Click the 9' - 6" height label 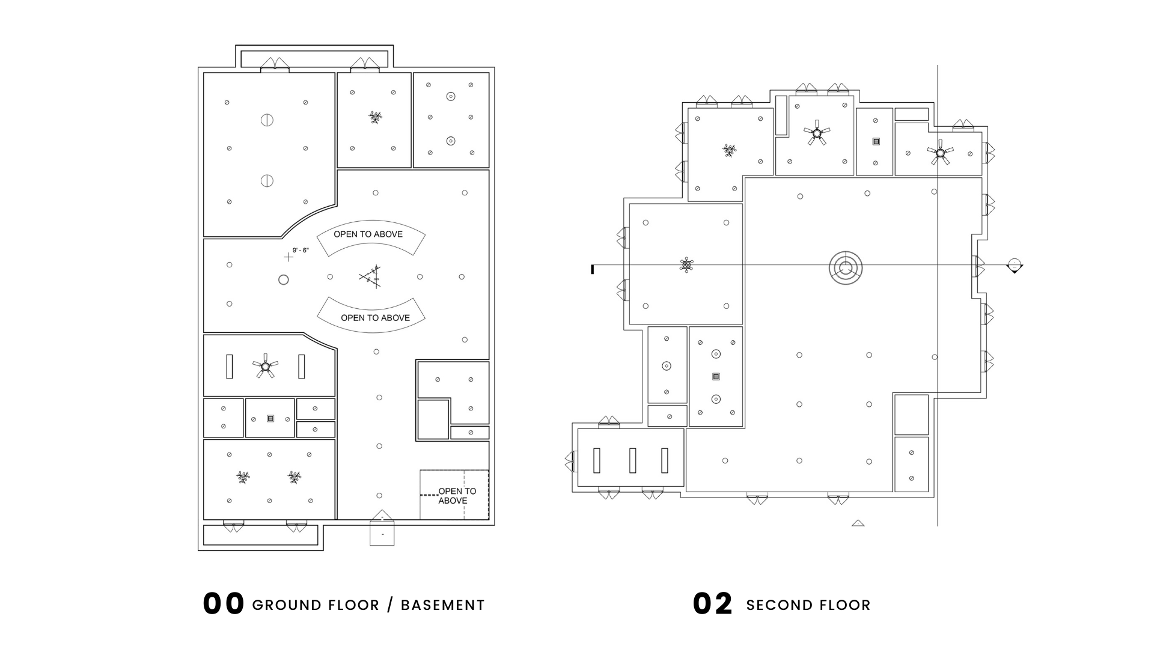[x=301, y=250]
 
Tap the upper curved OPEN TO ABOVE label [x=368, y=234]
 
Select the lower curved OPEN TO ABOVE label [x=375, y=318]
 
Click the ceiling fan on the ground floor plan [x=265, y=365]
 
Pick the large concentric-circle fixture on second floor [x=846, y=268]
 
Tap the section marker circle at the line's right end [x=1015, y=265]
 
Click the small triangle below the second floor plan [x=858, y=523]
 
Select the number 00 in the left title [x=224, y=604]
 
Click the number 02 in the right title [x=713, y=604]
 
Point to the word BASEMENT [x=442, y=605]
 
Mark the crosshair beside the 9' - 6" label [x=288, y=257]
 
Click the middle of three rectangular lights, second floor [x=632, y=460]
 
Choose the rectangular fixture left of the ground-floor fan [x=229, y=367]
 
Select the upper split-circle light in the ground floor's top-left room [x=267, y=120]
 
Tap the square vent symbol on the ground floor [x=270, y=418]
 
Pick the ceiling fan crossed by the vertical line [x=939, y=153]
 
